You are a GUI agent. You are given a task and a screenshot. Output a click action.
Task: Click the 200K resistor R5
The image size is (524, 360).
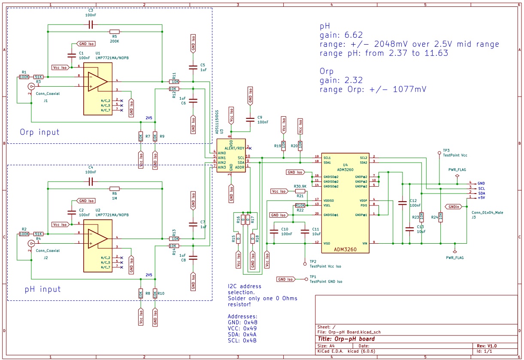pyautogui.click(x=114, y=31)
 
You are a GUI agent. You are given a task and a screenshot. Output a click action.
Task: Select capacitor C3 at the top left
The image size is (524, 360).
pyautogui.click(x=90, y=25)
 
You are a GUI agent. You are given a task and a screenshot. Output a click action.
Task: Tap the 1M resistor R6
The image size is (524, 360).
pyautogui.click(x=114, y=188)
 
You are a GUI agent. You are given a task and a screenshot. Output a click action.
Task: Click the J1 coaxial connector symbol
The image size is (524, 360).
pyautogui.click(x=31, y=86)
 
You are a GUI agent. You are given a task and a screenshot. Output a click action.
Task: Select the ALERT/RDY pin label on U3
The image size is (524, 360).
pyautogui.click(x=234, y=148)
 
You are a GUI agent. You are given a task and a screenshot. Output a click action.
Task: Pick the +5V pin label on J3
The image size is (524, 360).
pyautogui.click(x=482, y=197)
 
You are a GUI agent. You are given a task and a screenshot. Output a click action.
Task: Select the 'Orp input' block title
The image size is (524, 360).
pyautogui.click(x=39, y=132)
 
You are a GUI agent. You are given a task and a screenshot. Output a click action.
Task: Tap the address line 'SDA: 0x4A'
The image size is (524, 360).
pyautogui.click(x=243, y=334)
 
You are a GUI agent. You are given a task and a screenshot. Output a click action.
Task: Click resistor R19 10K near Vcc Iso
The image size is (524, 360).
pyautogui.click(x=283, y=145)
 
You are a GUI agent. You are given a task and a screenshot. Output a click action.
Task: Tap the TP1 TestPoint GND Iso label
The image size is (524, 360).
pyautogui.click(x=326, y=281)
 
